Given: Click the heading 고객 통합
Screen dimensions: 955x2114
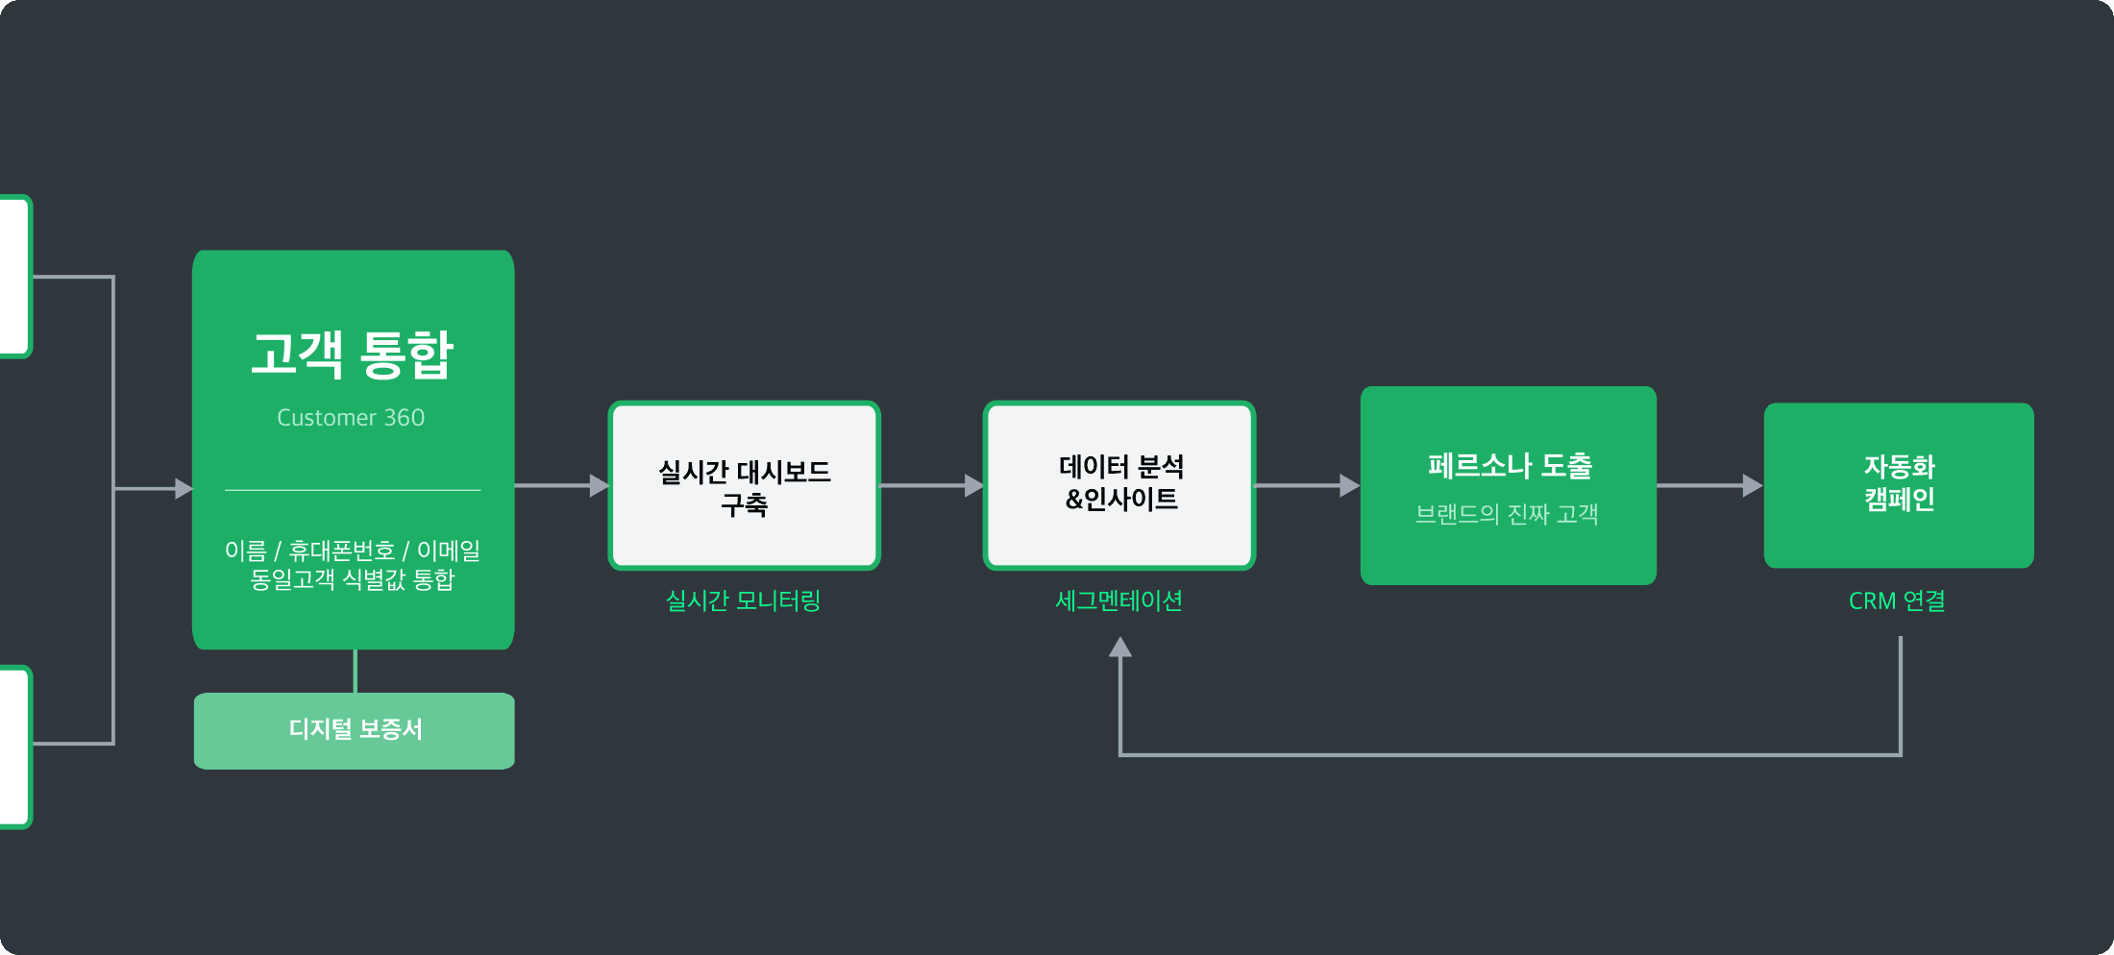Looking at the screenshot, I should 352,355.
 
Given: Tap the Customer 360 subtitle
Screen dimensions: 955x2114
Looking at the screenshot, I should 351,418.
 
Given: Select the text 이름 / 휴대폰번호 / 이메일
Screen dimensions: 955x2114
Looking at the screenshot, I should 352,551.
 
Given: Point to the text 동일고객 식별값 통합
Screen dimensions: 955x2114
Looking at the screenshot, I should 352,579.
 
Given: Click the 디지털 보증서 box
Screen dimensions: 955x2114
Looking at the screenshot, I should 355,730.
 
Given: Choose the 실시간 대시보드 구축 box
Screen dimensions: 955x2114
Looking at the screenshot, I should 744,486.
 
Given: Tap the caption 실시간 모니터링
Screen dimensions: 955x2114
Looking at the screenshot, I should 743,600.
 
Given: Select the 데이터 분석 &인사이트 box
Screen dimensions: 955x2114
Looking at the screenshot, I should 1119,484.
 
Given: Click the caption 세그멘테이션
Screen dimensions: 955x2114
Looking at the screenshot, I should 1118,600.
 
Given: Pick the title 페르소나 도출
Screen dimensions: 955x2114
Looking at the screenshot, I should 1509,466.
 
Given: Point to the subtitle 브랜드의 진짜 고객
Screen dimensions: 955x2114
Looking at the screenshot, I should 1507,514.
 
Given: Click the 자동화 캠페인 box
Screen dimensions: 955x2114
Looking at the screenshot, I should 1899,484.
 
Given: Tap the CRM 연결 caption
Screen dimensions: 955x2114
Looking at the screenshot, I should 1897,600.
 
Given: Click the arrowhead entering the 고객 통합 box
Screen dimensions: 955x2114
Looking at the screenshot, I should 184,489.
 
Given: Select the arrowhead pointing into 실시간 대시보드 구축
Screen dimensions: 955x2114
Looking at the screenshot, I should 600,485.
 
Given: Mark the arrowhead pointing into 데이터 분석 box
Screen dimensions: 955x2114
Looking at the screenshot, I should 974,485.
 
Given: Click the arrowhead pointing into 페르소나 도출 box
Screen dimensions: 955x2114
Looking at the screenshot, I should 1350,485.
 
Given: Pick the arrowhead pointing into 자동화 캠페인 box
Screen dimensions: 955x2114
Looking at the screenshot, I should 1753,485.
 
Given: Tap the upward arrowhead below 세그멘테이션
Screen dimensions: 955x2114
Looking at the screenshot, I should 1119,648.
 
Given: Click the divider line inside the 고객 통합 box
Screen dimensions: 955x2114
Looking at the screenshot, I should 353,490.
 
